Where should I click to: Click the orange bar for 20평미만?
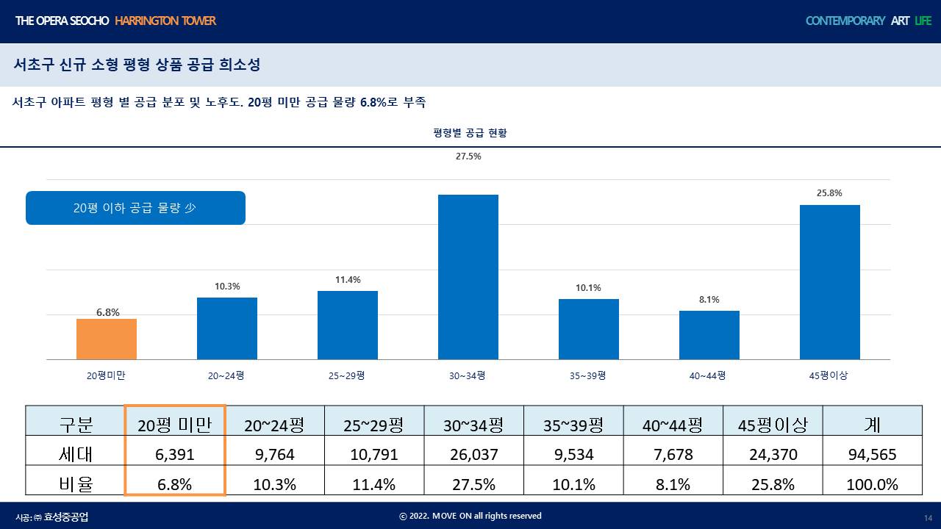click(x=107, y=339)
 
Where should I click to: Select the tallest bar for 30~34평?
click(x=468, y=277)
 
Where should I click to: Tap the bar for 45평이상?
click(x=830, y=282)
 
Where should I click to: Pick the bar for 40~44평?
click(x=709, y=335)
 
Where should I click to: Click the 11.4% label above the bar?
click(x=348, y=280)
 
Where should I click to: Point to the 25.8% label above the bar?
click(x=829, y=193)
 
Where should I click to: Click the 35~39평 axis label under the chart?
click(x=588, y=375)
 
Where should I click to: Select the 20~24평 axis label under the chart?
click(x=226, y=375)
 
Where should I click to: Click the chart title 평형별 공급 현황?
click(x=470, y=133)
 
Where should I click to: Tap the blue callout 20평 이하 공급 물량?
click(x=135, y=208)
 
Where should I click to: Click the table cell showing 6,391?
click(x=175, y=454)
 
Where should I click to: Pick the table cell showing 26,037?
click(x=473, y=454)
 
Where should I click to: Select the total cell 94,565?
click(x=873, y=454)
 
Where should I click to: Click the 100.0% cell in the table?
click(x=873, y=484)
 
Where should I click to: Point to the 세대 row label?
click(x=75, y=454)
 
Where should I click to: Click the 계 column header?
click(x=873, y=424)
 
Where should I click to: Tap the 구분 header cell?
click(x=75, y=424)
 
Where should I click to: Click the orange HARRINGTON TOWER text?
click(x=165, y=21)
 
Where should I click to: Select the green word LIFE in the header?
click(x=923, y=21)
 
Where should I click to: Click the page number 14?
click(x=928, y=518)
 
